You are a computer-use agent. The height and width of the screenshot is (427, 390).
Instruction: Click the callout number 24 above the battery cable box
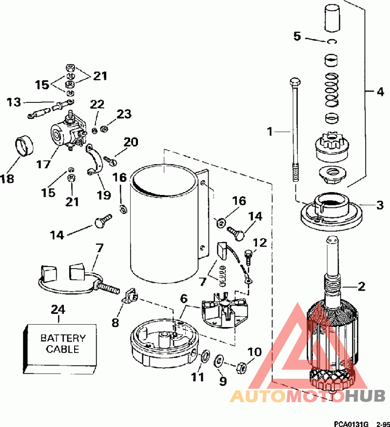click(58, 310)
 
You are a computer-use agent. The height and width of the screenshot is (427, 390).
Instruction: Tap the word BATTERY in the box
click(63, 338)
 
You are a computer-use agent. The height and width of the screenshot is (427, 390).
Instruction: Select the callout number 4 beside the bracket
click(380, 92)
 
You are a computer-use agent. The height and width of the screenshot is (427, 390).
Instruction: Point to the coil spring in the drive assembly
click(332, 90)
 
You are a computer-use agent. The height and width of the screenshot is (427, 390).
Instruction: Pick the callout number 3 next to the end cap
click(380, 205)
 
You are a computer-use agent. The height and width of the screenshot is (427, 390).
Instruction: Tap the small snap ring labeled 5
click(332, 41)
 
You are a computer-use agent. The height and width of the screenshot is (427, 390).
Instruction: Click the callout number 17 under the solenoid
click(43, 164)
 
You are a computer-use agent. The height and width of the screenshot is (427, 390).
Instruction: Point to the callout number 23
click(124, 114)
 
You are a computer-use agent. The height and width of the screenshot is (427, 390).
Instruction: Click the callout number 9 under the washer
click(223, 381)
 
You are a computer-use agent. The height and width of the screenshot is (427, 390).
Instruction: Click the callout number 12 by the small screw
click(259, 243)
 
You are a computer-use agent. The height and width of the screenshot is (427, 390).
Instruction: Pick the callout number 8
click(116, 322)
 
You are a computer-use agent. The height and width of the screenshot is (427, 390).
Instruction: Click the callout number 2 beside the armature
click(361, 286)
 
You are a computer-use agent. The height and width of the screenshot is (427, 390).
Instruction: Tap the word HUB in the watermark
click(365, 396)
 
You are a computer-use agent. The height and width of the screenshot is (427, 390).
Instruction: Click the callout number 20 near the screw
click(131, 142)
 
